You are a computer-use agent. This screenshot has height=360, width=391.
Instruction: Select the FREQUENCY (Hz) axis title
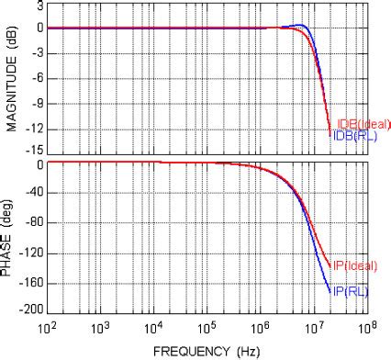(x=206, y=350)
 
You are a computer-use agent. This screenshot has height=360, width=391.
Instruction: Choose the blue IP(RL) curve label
(x=350, y=291)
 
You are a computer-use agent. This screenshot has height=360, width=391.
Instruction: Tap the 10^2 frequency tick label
(x=48, y=326)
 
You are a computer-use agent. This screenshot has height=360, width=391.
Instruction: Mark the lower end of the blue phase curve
(x=330, y=292)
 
